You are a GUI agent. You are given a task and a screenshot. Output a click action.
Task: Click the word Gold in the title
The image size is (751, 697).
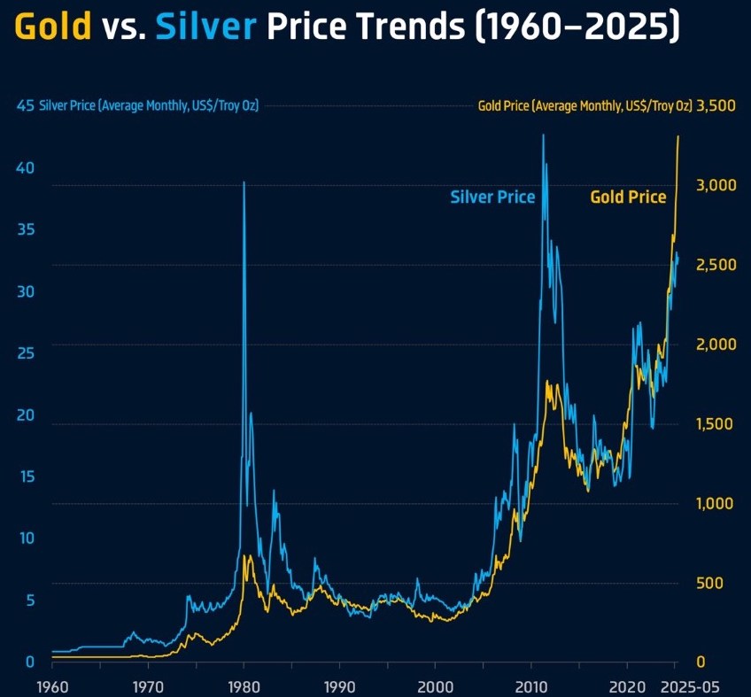[x=54, y=28]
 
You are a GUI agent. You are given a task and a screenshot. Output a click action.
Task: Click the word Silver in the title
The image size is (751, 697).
[x=205, y=28]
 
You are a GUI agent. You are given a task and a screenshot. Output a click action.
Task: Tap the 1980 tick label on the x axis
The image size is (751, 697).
[x=244, y=685]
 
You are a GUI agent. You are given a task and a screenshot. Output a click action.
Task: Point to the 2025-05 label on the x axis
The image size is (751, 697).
[x=694, y=685]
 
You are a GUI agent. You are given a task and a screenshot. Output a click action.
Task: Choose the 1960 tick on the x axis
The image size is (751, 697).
[x=52, y=685]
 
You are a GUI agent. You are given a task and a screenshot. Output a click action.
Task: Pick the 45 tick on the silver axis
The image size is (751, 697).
[x=25, y=106]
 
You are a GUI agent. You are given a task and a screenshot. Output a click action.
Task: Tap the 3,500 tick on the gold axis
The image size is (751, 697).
[x=716, y=106]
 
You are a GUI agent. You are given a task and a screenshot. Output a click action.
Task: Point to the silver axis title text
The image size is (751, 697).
[x=149, y=106]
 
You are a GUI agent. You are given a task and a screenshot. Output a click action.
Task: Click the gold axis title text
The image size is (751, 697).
[x=585, y=106]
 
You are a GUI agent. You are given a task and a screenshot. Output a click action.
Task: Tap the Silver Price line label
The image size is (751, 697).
[x=492, y=197]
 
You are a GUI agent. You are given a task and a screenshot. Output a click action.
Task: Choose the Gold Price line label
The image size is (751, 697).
[x=628, y=197]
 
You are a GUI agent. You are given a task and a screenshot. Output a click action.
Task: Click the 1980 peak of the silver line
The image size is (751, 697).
[x=244, y=182]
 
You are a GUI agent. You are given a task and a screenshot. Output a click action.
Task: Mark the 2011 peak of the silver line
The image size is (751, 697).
[x=543, y=135]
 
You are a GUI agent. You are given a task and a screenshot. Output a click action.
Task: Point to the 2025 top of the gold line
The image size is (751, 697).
[x=678, y=136]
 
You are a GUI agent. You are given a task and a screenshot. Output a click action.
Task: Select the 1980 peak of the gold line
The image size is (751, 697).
[x=247, y=555]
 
